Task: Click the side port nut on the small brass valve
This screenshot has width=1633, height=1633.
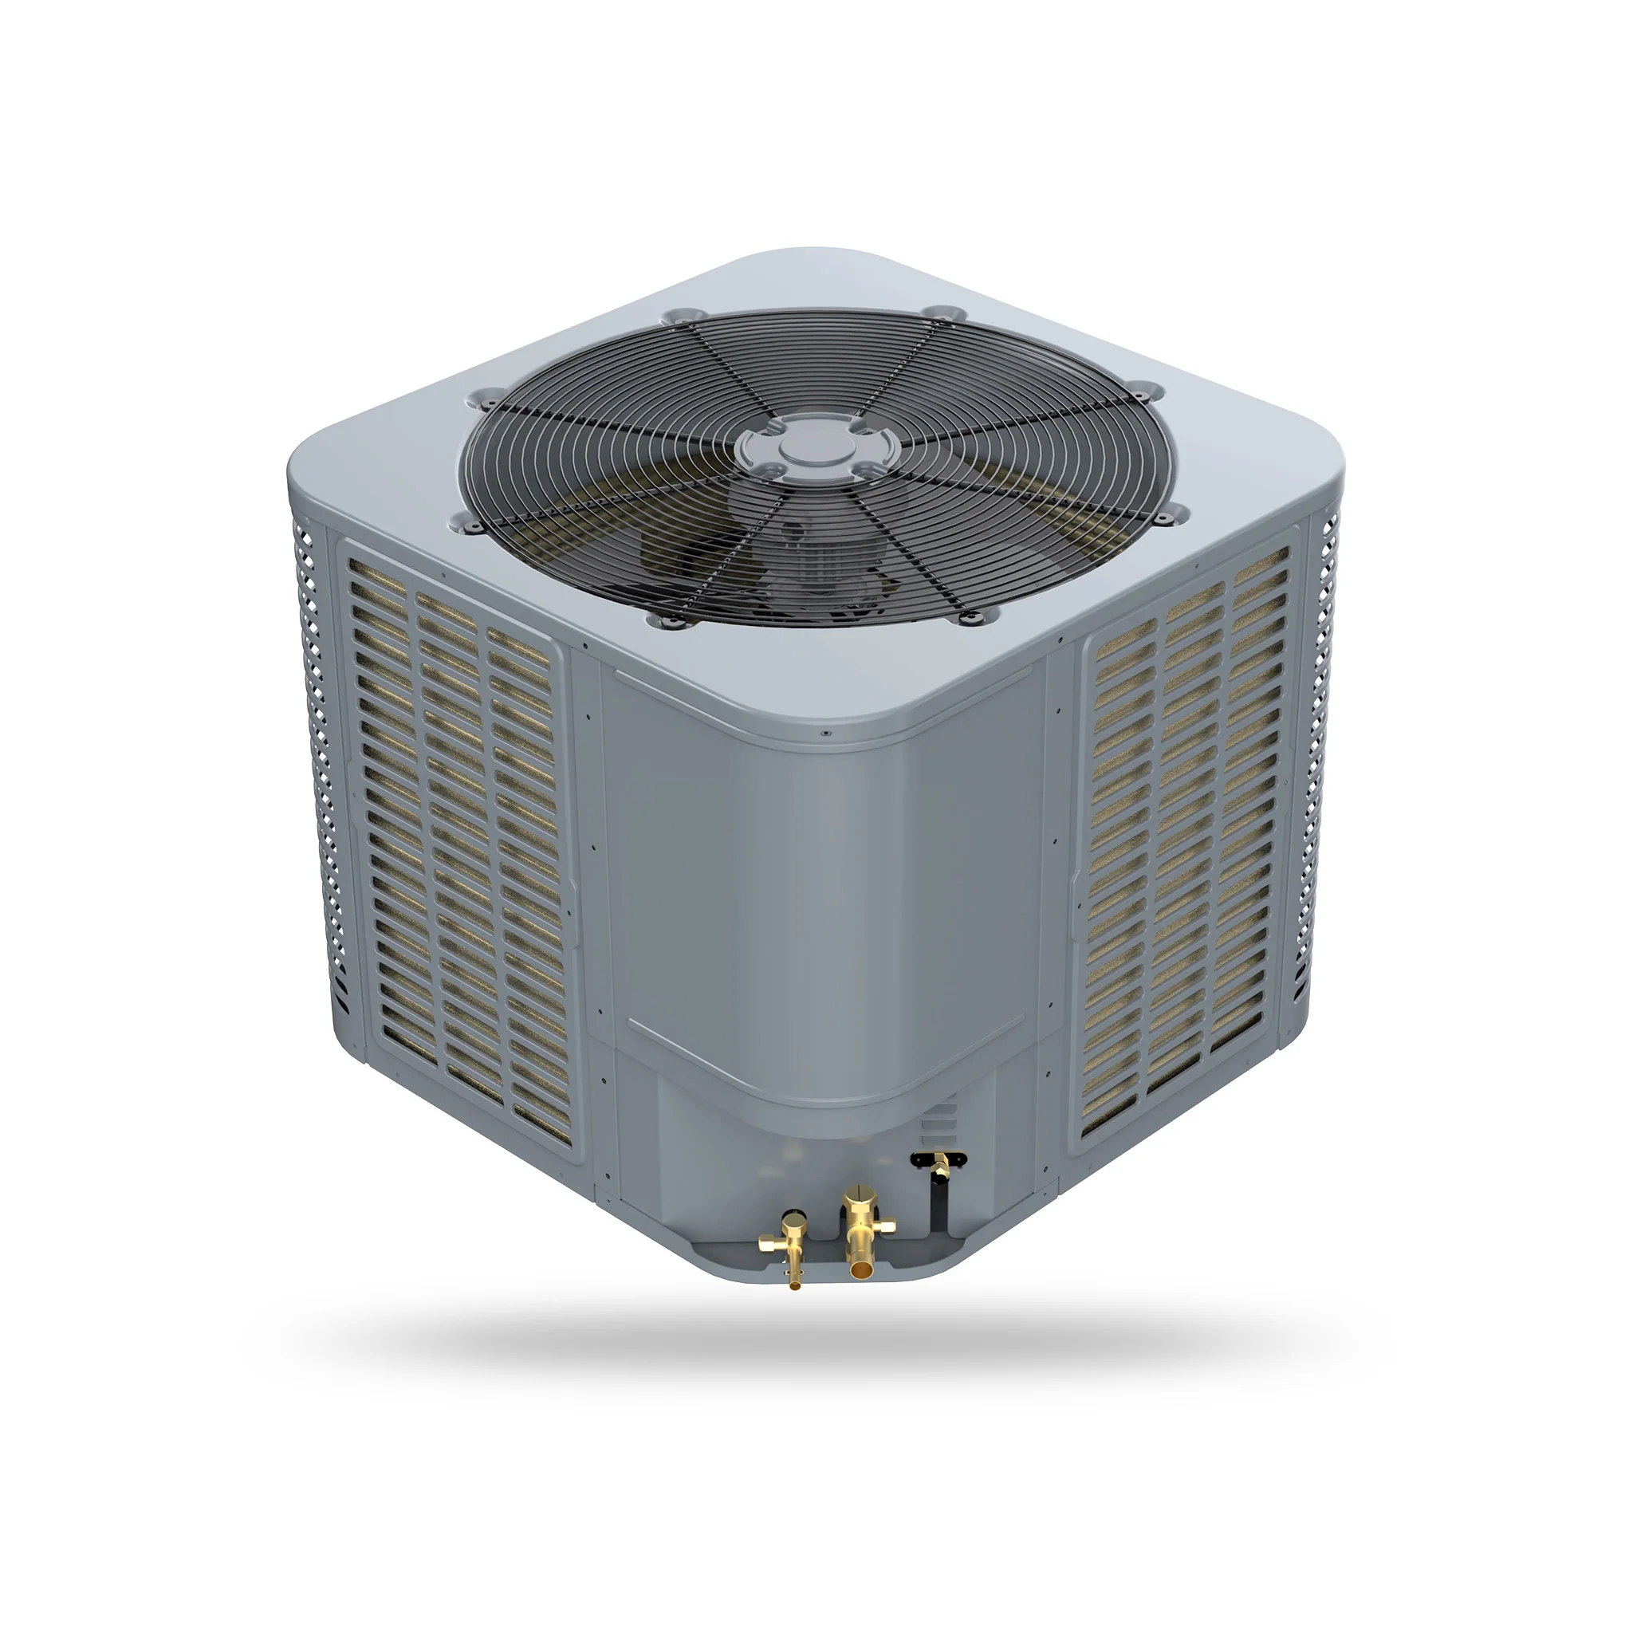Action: pos(765,1243)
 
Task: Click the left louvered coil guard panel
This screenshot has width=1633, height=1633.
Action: pos(456,845)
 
